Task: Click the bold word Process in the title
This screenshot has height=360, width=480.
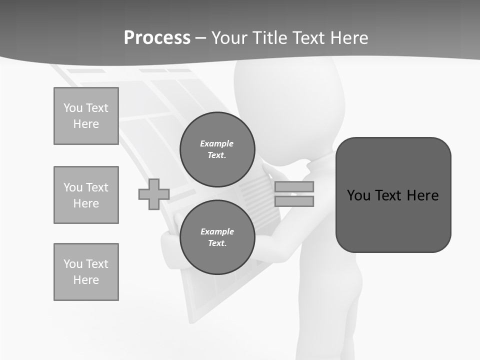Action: pos(157,37)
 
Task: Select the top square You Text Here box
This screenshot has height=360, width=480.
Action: pos(86,116)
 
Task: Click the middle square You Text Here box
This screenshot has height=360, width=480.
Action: pos(86,195)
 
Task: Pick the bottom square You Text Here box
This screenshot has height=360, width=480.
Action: pos(86,272)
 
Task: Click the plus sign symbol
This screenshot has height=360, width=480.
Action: pos(154,194)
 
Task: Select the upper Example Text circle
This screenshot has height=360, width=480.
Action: pos(217,149)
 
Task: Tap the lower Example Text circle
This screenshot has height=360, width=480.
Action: pos(217,237)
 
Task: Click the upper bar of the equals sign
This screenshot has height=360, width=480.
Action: pos(294,186)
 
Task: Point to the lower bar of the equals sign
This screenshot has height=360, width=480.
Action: pos(294,201)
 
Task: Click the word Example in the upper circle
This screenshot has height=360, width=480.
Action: pos(216,143)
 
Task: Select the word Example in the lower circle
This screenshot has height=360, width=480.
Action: pos(217,231)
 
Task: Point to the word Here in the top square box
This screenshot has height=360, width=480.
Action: pos(86,124)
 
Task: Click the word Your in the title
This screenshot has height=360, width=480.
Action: pos(230,37)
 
